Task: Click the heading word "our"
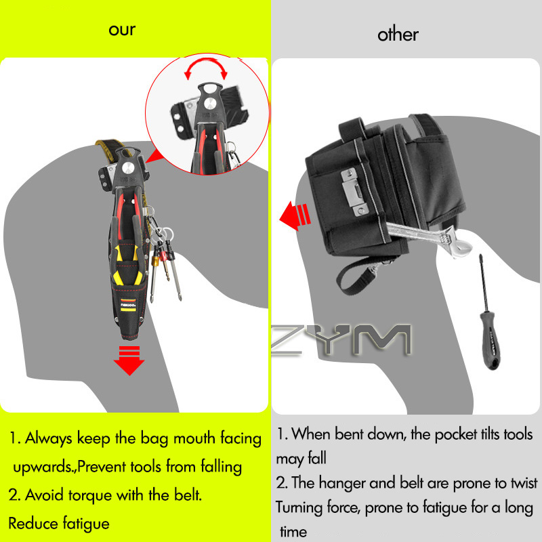coord(122,30)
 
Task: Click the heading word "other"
coord(398,35)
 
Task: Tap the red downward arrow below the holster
coord(129,360)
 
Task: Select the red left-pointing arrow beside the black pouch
coord(295,215)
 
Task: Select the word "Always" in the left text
coord(49,438)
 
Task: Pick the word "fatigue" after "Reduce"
coord(86,524)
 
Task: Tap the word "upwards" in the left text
coord(43,467)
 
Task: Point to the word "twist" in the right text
coord(523,483)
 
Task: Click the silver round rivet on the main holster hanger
coord(127,168)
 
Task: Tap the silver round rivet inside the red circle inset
coord(210,103)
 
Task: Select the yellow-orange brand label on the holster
coord(128,305)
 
